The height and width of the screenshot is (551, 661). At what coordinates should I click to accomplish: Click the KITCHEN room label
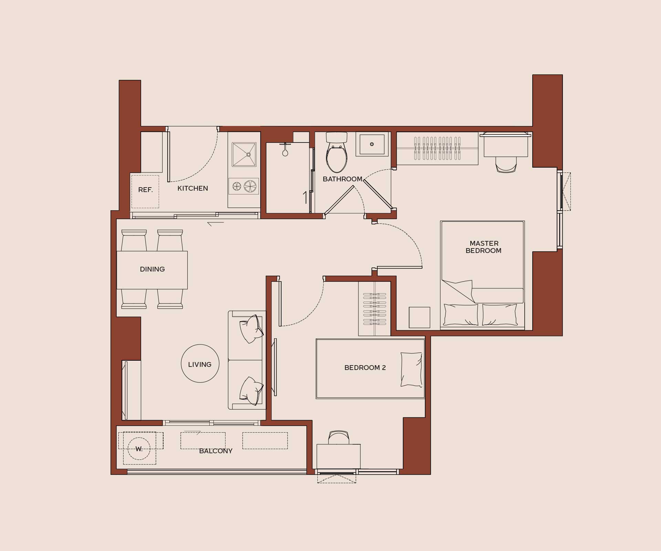click(x=192, y=188)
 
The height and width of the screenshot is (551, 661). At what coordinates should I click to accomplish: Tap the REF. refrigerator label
click(x=145, y=190)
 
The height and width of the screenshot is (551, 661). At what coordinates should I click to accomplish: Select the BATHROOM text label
click(x=343, y=179)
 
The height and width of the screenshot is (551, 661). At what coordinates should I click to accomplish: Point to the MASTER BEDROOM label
click(x=483, y=247)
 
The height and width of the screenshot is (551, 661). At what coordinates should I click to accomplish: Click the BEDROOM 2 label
click(x=365, y=368)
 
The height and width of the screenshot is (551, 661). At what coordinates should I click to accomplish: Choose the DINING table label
click(x=152, y=269)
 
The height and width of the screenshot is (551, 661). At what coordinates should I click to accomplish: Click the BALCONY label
click(x=216, y=451)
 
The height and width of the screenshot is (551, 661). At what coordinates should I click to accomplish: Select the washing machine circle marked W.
click(x=139, y=449)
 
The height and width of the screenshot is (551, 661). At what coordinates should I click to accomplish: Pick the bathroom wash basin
click(x=372, y=144)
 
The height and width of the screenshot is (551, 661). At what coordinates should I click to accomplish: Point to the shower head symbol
click(x=285, y=150)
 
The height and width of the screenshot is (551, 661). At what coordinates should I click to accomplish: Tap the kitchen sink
click(x=244, y=155)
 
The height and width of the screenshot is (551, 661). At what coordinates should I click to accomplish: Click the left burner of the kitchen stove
click(x=237, y=186)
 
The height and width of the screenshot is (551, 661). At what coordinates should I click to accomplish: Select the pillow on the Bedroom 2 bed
click(x=411, y=369)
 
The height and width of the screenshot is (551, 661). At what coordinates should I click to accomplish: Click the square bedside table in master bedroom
click(x=419, y=317)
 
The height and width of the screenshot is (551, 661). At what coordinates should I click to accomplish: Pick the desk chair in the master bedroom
click(x=506, y=165)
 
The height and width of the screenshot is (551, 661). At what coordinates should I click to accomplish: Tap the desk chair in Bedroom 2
click(x=339, y=437)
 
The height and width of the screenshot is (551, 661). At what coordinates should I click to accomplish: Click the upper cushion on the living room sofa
click(x=252, y=328)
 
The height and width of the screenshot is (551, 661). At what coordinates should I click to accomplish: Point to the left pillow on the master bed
click(x=461, y=314)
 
